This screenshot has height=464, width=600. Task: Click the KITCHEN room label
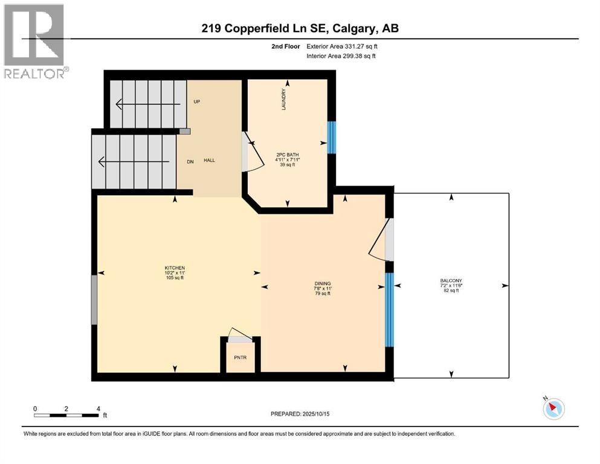point(175,268)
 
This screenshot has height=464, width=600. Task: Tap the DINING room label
point(323,283)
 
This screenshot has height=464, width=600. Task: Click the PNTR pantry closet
point(240,357)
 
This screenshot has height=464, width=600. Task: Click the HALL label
point(209,160)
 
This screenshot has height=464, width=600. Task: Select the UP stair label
point(196,101)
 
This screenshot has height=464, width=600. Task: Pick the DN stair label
point(189,161)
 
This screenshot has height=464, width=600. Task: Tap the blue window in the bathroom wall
point(331,138)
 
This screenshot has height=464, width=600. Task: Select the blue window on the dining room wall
point(389,309)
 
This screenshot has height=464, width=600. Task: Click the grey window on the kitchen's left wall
point(94,300)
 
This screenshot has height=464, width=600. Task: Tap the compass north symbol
point(553,408)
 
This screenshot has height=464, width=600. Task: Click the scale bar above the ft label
point(66,415)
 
